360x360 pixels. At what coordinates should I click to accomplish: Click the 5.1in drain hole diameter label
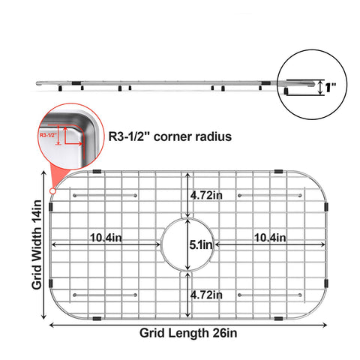pyautogui.click(x=201, y=245)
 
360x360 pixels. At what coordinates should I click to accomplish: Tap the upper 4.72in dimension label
pyautogui.click(x=206, y=195)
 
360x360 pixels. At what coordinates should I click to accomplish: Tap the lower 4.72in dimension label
pyautogui.click(x=206, y=295)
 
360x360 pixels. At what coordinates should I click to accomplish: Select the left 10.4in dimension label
pyautogui.click(x=106, y=238)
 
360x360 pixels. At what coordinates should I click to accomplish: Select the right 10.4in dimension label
pyautogui.click(x=270, y=238)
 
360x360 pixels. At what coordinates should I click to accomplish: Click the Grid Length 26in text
pyautogui.click(x=188, y=333)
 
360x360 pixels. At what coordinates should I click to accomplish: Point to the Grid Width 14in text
pyautogui.click(x=37, y=245)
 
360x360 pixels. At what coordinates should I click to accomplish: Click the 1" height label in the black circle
pyautogui.click(x=331, y=88)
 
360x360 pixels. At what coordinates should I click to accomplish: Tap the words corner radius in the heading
pyautogui.click(x=193, y=136)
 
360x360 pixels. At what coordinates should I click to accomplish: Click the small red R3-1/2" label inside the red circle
pyautogui.click(x=48, y=135)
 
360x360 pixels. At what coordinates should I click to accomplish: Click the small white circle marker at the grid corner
pyautogui.click(x=52, y=191)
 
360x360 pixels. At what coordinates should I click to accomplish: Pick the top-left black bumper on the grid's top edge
pyautogui.click(x=97, y=172)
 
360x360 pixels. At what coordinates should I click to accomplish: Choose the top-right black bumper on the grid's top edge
pyautogui.click(x=278, y=172)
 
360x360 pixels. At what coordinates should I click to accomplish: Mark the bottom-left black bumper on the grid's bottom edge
pyautogui.click(x=97, y=319)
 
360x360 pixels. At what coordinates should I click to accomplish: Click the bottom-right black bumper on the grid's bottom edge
pyautogui.click(x=278, y=319)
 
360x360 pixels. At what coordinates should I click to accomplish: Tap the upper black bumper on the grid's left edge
pyautogui.click(x=51, y=207)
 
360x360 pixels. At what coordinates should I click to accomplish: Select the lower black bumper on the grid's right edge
pyautogui.click(x=326, y=283)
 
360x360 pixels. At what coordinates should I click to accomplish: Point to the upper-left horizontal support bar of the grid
pyautogui.click(x=105, y=195)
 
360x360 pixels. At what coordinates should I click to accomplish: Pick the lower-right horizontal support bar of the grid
pyautogui.click(x=270, y=295)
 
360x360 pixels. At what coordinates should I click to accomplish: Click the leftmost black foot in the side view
pyautogui.click(x=60, y=88)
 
